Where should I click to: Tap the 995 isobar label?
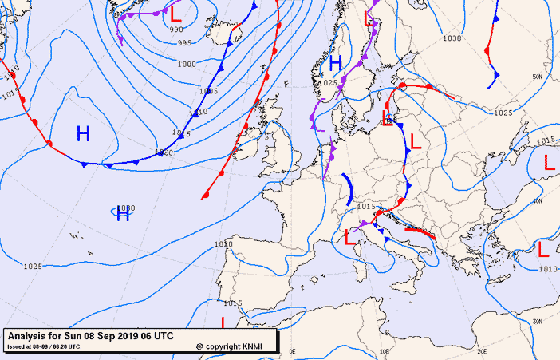coord(184,43)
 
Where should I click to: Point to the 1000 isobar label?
coord(187,64)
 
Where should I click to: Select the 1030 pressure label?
coord(452,38)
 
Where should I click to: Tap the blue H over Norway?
coord(335,62)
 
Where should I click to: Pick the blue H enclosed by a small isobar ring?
coord(123,213)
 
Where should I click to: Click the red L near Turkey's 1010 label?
coord(543,249)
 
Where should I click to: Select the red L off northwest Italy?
coord(349,236)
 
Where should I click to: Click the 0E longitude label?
coord(292,350)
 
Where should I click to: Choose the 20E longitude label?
coord(481,350)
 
